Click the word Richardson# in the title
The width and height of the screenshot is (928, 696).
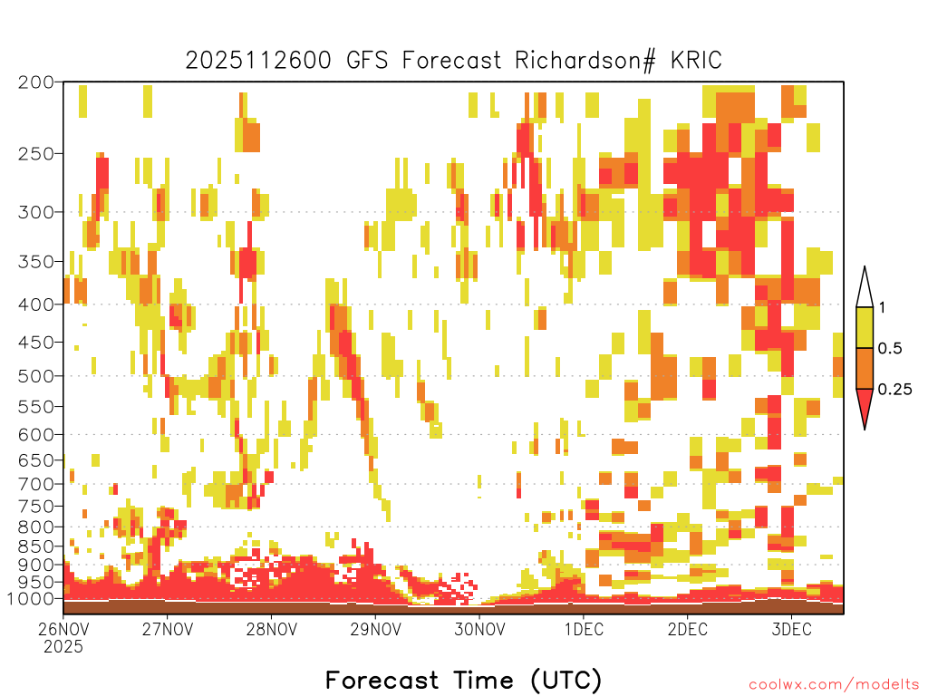pos(585,61)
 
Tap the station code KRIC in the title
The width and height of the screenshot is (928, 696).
pos(696,61)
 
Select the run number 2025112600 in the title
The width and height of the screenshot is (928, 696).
pos(258,61)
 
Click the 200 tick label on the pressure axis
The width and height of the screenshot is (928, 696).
pos(36,82)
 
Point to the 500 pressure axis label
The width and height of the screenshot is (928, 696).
pos(36,376)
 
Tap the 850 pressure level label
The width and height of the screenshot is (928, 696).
pos(36,546)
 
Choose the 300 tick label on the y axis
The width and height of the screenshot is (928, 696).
pos(36,212)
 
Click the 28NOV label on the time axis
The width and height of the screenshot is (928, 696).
pos(272,629)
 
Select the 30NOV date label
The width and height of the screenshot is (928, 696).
pos(479,629)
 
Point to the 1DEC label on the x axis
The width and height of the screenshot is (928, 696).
pos(584,629)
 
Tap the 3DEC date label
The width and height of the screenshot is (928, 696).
pos(791,629)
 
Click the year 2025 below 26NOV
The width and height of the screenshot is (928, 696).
pos(63,646)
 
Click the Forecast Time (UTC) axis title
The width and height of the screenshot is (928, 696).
pos(463,680)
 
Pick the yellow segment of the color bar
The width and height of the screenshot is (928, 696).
pos(865,327)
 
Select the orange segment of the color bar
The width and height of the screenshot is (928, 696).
pos(865,368)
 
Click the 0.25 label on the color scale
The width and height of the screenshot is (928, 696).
pos(894,390)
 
